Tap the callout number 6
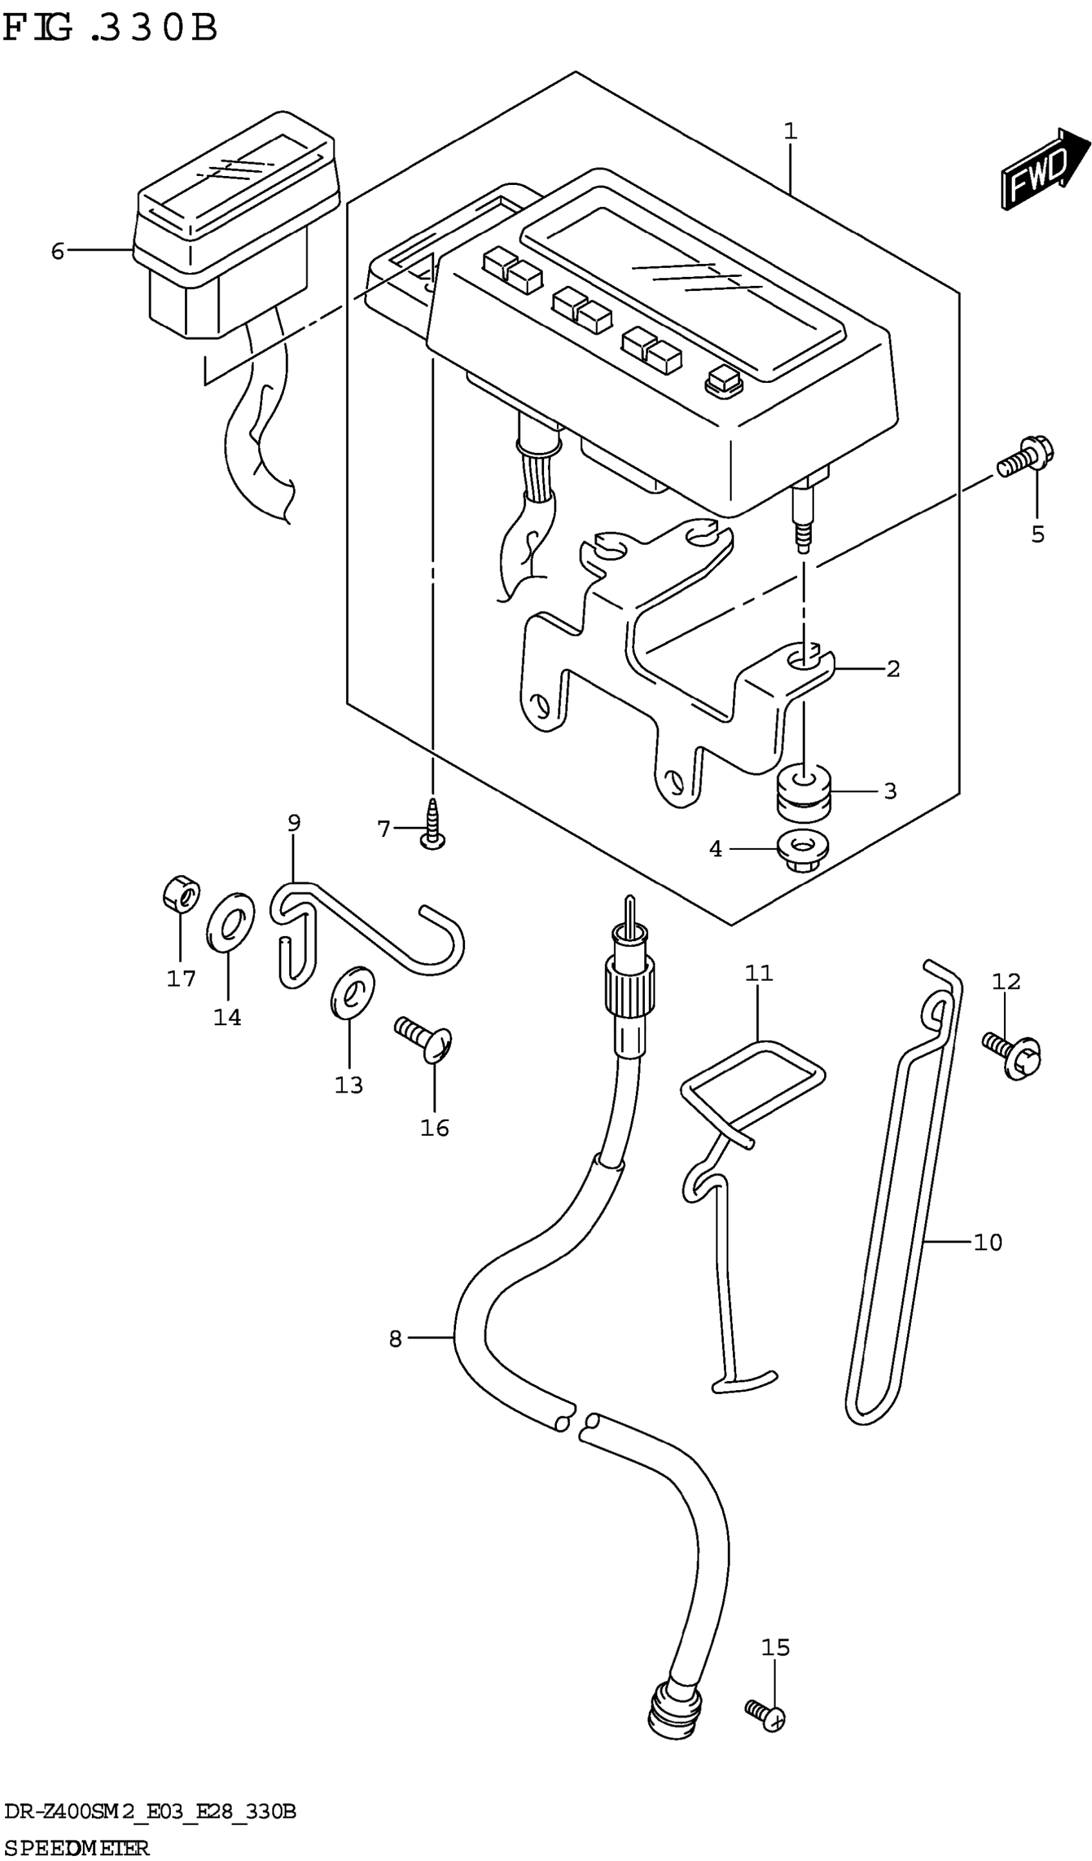click(58, 252)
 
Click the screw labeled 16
click(425, 1040)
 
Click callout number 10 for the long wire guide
click(987, 1243)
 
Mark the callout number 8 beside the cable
click(395, 1339)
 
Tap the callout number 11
click(758, 973)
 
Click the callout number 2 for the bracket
click(893, 669)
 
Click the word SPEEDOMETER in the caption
click(76, 1848)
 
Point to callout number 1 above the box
click(790, 132)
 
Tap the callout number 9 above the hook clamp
click(294, 823)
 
